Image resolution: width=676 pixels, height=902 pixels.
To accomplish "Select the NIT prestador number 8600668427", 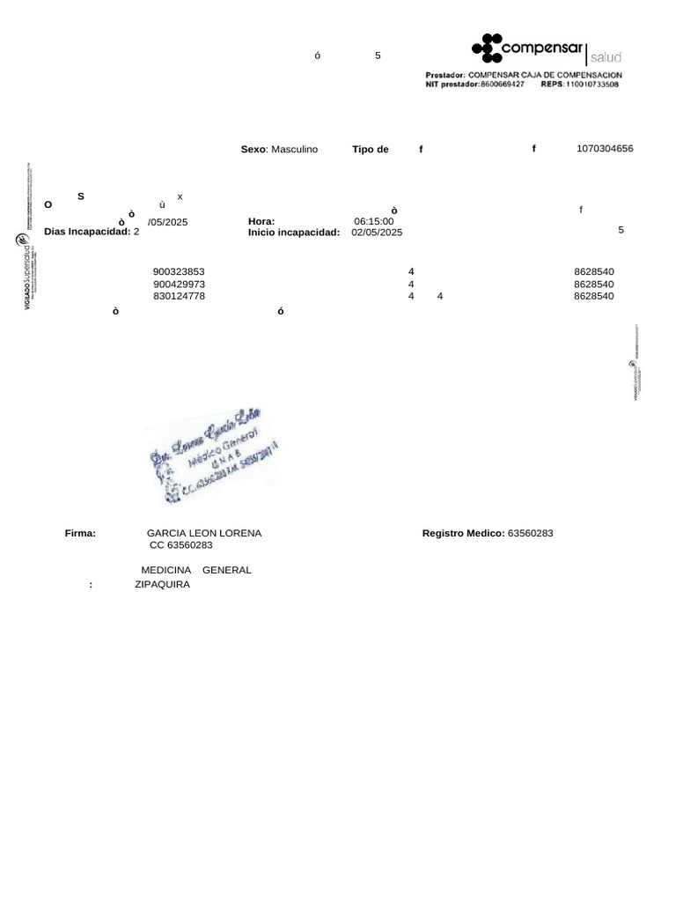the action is [x=503, y=85].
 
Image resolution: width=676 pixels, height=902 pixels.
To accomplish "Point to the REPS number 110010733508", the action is [x=591, y=85].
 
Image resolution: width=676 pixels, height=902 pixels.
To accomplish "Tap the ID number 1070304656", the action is [x=605, y=149].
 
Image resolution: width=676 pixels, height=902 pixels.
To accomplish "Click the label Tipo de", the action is [x=370, y=150].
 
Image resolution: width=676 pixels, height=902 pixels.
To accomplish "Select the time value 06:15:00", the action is [x=373, y=221].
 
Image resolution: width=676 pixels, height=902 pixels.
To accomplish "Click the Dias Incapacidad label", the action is [x=87, y=232].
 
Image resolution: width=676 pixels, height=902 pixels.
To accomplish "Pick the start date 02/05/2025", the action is [x=376, y=233].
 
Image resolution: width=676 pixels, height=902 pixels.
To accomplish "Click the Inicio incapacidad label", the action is [x=293, y=233].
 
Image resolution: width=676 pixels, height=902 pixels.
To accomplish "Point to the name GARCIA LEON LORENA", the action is [x=203, y=534].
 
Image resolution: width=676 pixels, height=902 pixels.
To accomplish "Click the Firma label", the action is [x=80, y=534].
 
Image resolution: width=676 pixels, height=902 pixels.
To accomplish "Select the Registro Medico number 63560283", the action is [x=530, y=534].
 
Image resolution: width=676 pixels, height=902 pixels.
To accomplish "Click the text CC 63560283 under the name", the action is [x=181, y=545].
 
